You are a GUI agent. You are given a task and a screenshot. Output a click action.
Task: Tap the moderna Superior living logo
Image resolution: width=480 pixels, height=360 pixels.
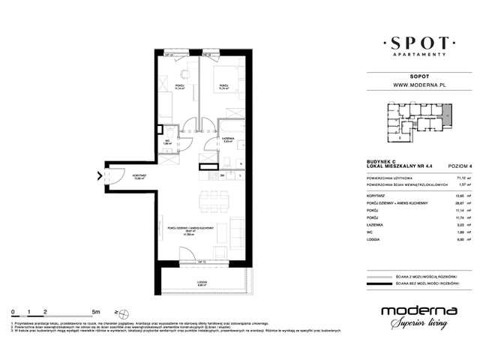tap(415, 315)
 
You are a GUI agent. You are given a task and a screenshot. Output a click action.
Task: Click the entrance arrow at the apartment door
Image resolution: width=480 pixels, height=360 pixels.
tap(100, 177)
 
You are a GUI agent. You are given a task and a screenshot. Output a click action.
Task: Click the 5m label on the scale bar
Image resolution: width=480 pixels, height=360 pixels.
tap(96, 310)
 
